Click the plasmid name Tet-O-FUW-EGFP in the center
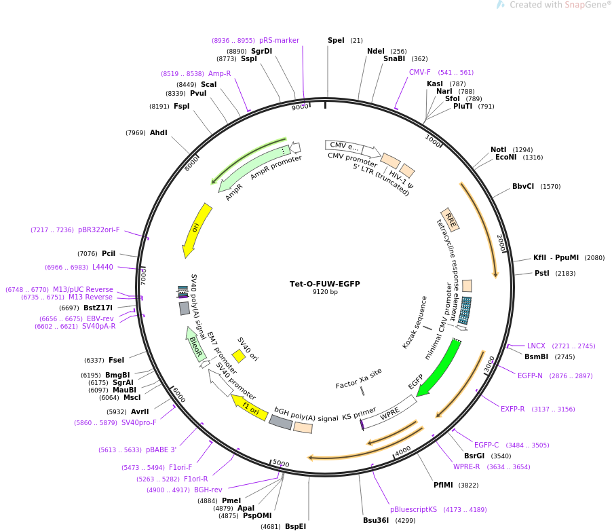(x=324, y=284)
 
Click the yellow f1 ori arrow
(x=249, y=407)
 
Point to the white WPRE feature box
(x=389, y=414)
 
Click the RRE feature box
(x=450, y=219)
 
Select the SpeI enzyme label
(x=336, y=41)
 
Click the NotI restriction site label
(x=498, y=150)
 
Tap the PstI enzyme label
(x=541, y=274)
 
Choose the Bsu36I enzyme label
(x=376, y=521)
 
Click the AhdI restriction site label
(x=158, y=133)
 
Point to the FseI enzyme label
(x=116, y=361)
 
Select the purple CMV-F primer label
(x=419, y=73)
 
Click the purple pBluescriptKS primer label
(x=413, y=510)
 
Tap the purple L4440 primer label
(x=102, y=268)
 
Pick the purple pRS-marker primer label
(x=279, y=41)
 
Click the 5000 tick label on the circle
(x=281, y=464)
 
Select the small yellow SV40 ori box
(x=238, y=356)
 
